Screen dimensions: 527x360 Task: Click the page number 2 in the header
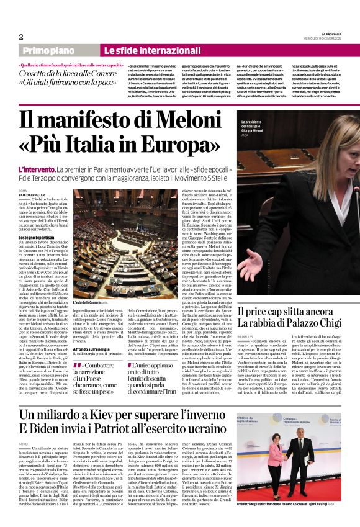21,37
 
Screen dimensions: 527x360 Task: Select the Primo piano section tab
66,50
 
